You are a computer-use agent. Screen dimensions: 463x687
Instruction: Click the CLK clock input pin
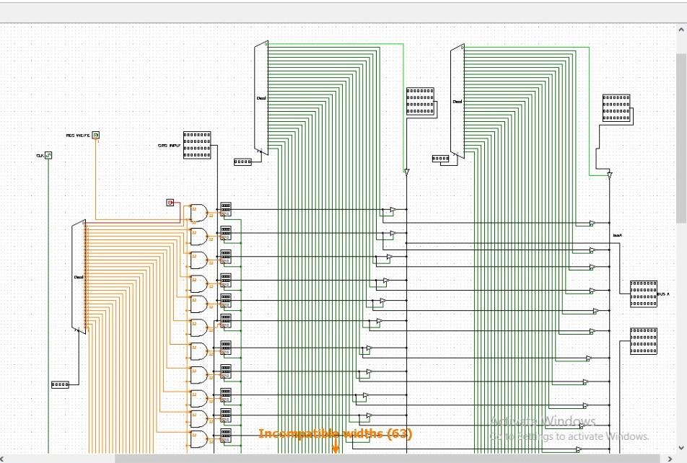(x=48, y=155)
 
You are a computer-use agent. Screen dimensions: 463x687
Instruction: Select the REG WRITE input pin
(x=95, y=135)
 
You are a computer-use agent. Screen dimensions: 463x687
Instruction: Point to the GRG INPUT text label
(x=169, y=146)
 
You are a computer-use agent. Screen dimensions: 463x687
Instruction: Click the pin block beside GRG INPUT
(x=197, y=145)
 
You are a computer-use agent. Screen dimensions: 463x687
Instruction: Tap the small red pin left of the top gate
(x=170, y=203)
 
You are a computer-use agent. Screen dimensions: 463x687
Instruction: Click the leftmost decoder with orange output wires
(x=79, y=276)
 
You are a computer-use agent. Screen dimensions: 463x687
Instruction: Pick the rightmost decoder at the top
(x=457, y=101)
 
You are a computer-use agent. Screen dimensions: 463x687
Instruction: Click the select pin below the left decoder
(x=60, y=384)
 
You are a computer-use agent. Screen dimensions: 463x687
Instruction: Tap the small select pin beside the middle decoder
(x=242, y=162)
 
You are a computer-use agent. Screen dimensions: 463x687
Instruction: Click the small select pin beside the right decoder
(x=440, y=159)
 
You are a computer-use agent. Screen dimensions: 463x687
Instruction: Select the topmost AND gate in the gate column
(x=198, y=212)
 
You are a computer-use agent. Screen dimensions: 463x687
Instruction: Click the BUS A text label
(x=663, y=294)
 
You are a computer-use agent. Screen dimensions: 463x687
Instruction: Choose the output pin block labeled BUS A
(x=643, y=294)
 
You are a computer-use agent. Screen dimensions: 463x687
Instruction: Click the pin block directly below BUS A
(x=643, y=341)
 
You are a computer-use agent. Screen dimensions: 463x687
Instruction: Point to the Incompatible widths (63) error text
(x=336, y=433)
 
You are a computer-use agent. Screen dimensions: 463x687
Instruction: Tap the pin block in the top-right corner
(x=616, y=107)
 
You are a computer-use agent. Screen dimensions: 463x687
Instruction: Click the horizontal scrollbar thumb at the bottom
(x=387, y=458)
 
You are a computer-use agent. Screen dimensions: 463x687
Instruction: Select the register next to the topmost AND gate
(x=226, y=210)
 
